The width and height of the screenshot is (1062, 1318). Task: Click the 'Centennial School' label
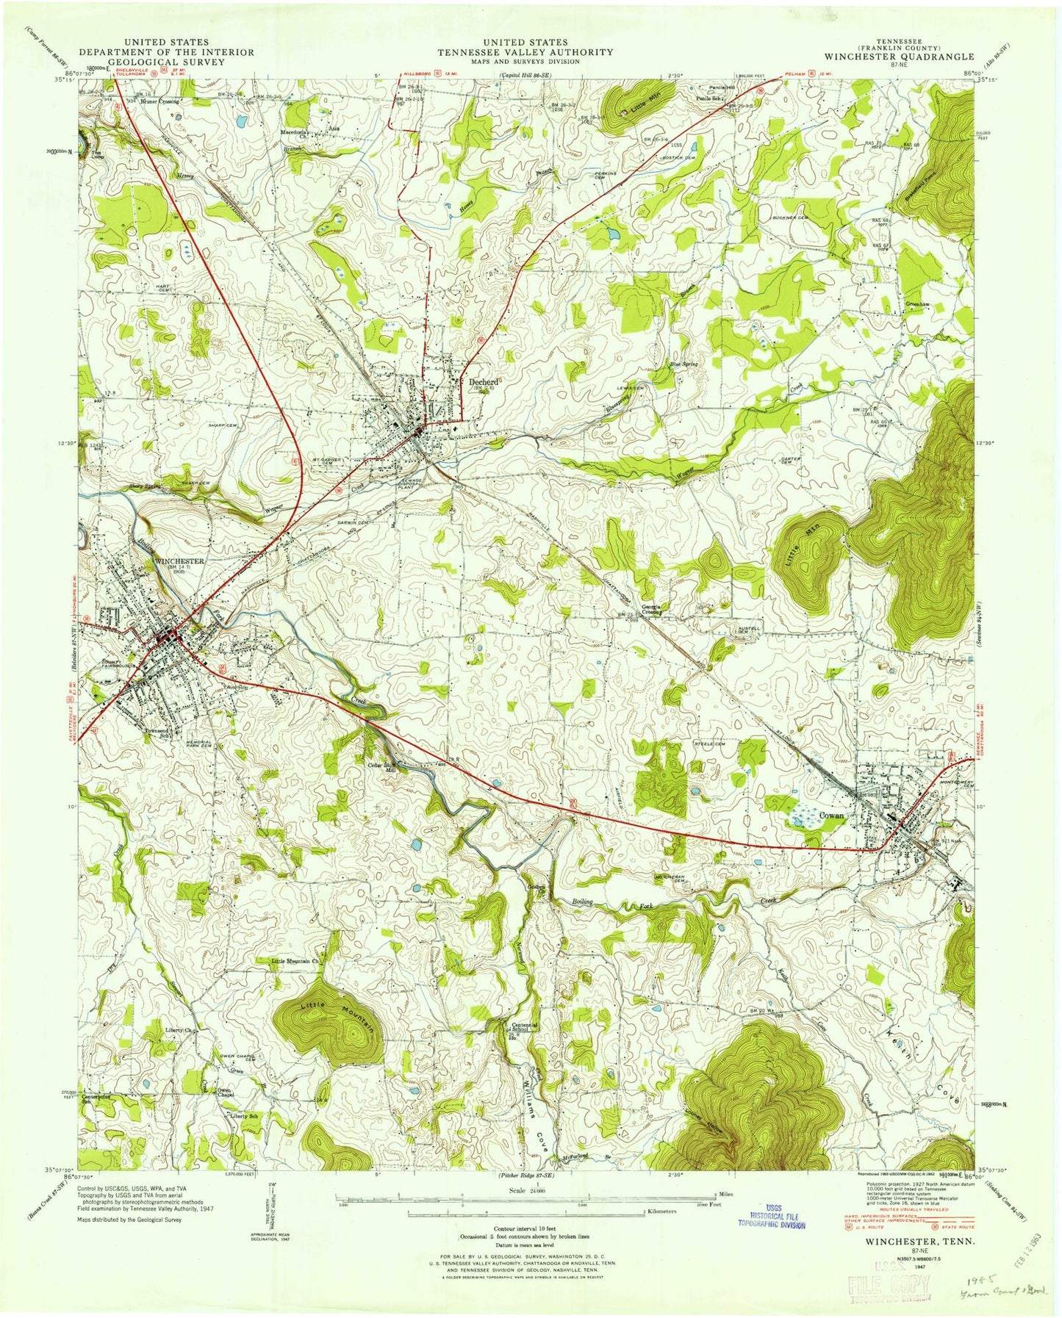click(526, 1027)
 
